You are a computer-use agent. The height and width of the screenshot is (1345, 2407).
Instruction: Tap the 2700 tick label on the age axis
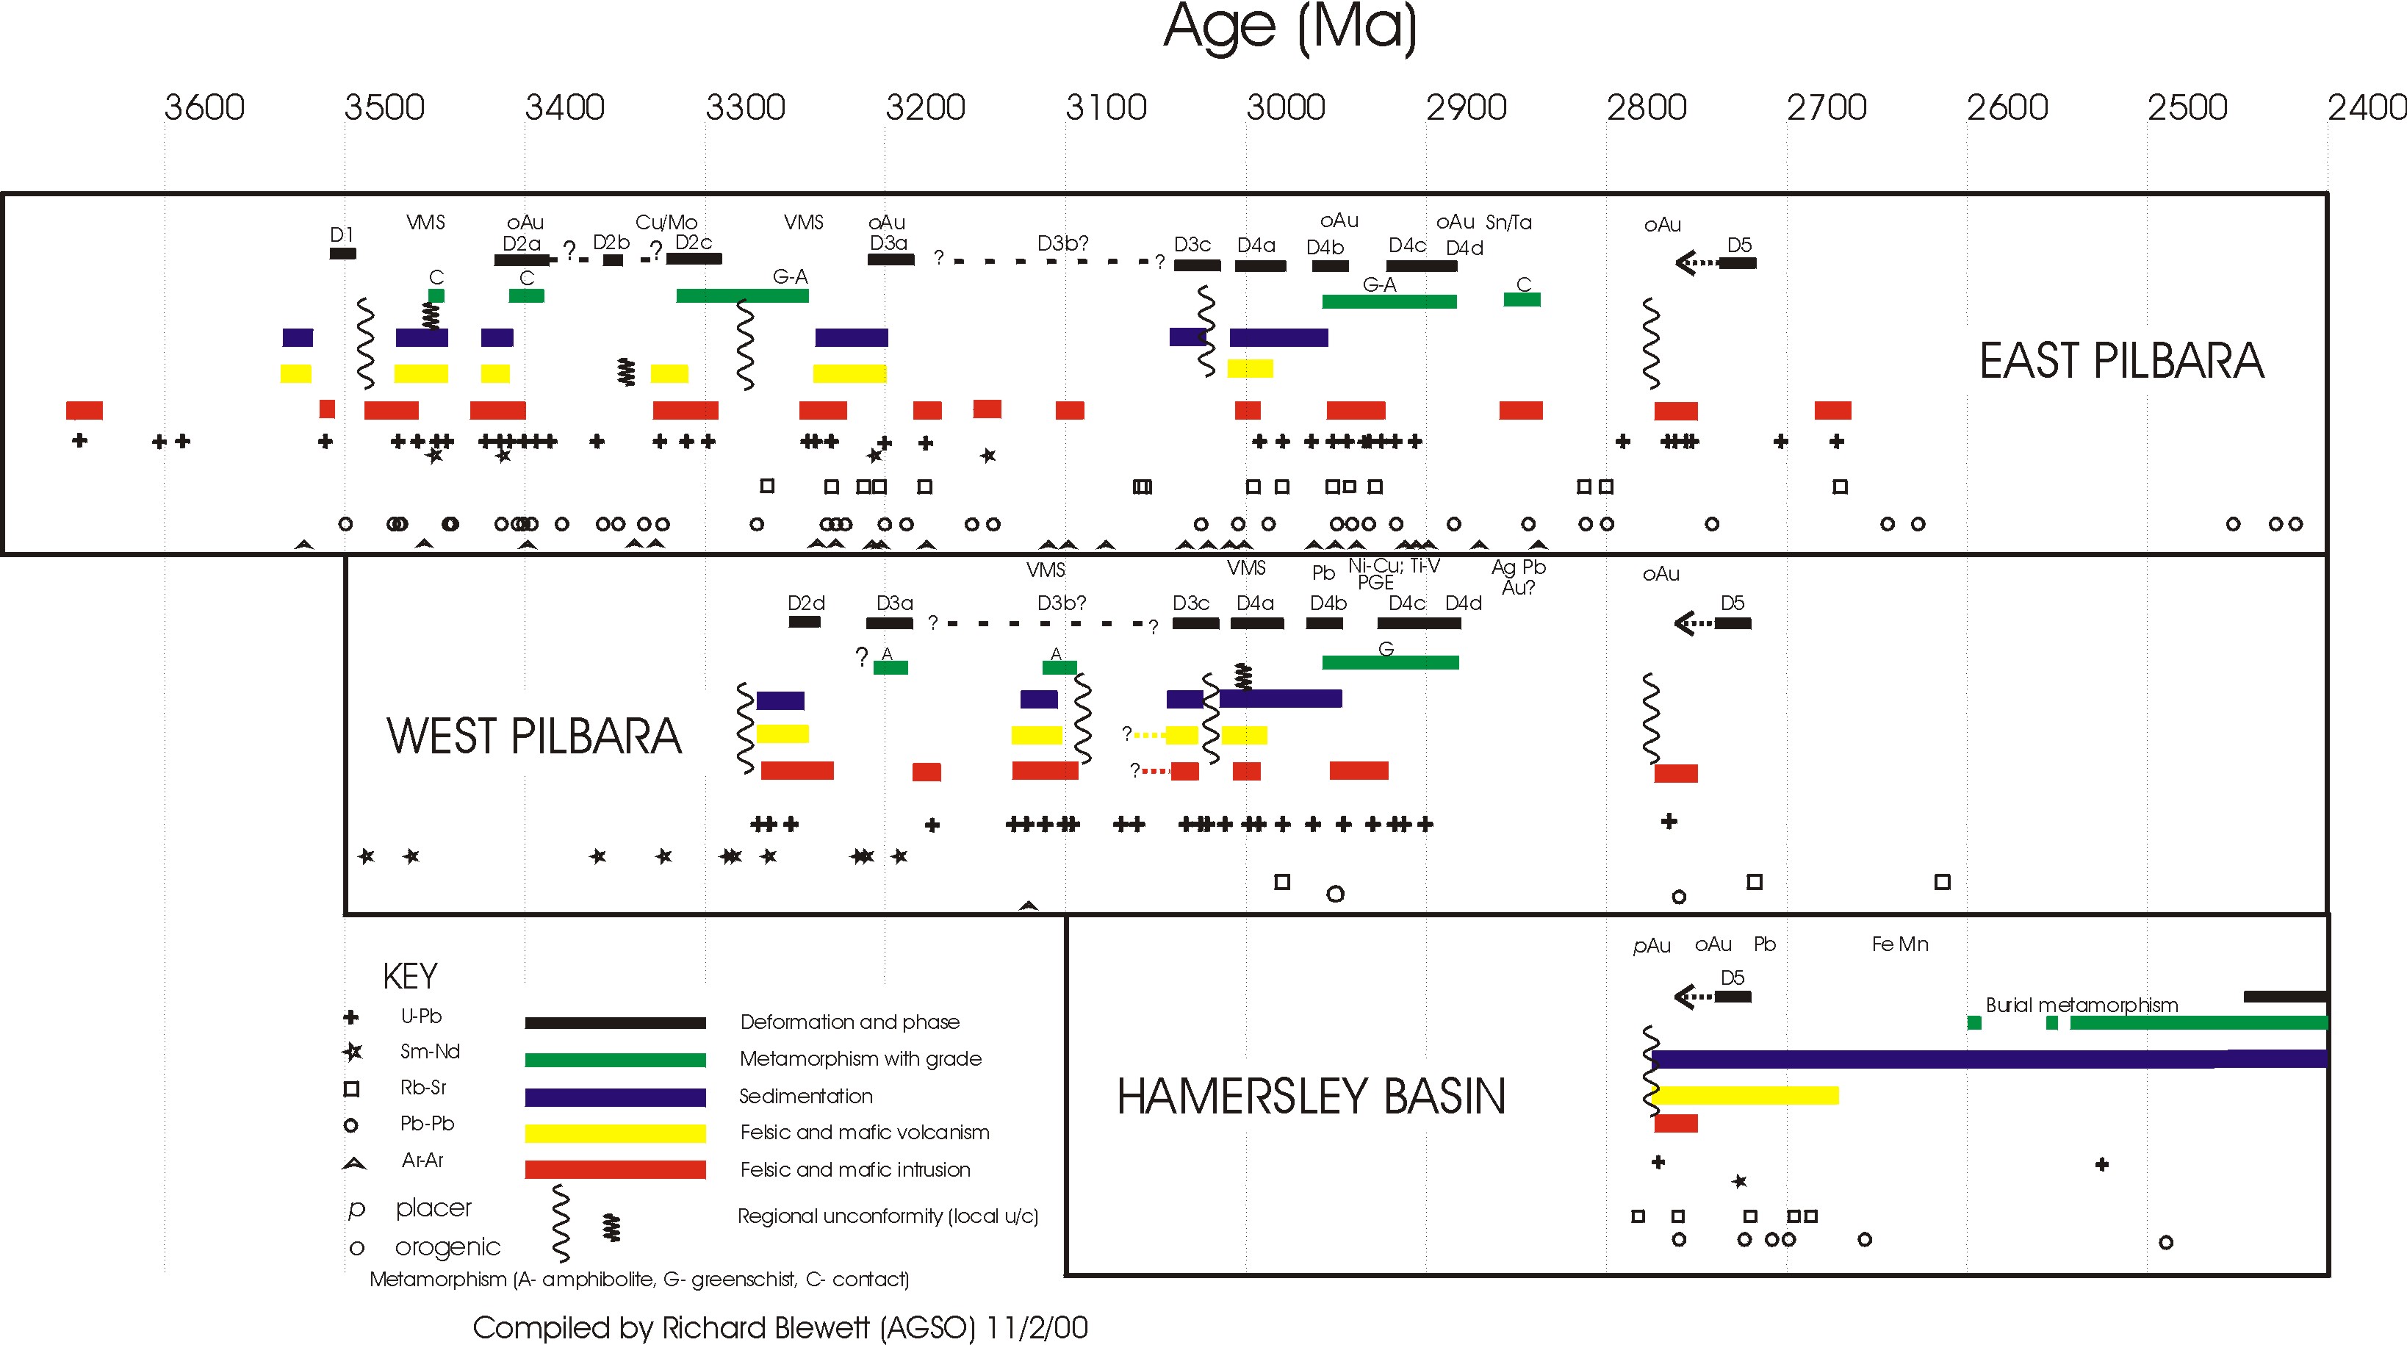coord(1826,107)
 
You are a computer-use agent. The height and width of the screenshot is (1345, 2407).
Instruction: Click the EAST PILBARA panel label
coord(2121,361)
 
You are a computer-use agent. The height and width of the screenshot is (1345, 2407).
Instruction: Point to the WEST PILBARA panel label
coord(533,736)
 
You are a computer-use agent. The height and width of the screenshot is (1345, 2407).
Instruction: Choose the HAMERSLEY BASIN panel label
coord(1311,1097)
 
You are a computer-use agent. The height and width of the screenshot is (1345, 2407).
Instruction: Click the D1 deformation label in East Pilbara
coord(342,234)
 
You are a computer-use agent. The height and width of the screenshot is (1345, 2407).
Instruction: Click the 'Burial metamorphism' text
coord(2082,1005)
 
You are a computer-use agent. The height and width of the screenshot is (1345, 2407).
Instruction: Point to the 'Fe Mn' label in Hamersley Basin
coord(1899,944)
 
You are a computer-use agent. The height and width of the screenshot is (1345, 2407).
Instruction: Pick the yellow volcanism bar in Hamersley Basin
coord(1746,1095)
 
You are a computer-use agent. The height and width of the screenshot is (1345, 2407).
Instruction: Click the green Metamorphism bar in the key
coord(615,1060)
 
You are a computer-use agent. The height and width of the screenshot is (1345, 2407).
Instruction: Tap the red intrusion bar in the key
coord(615,1169)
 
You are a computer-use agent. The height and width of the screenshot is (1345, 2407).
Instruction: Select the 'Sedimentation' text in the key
coord(805,1095)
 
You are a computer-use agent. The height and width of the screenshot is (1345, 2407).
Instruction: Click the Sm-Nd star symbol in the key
coord(352,1052)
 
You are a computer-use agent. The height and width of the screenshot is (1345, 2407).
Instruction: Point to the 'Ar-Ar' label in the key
coord(422,1160)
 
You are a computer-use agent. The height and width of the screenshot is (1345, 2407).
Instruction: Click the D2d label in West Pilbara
coord(805,603)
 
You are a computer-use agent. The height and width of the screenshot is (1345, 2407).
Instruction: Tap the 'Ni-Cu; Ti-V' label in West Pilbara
coord(1394,565)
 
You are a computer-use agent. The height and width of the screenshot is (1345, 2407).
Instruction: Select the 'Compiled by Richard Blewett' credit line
coord(780,1327)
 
